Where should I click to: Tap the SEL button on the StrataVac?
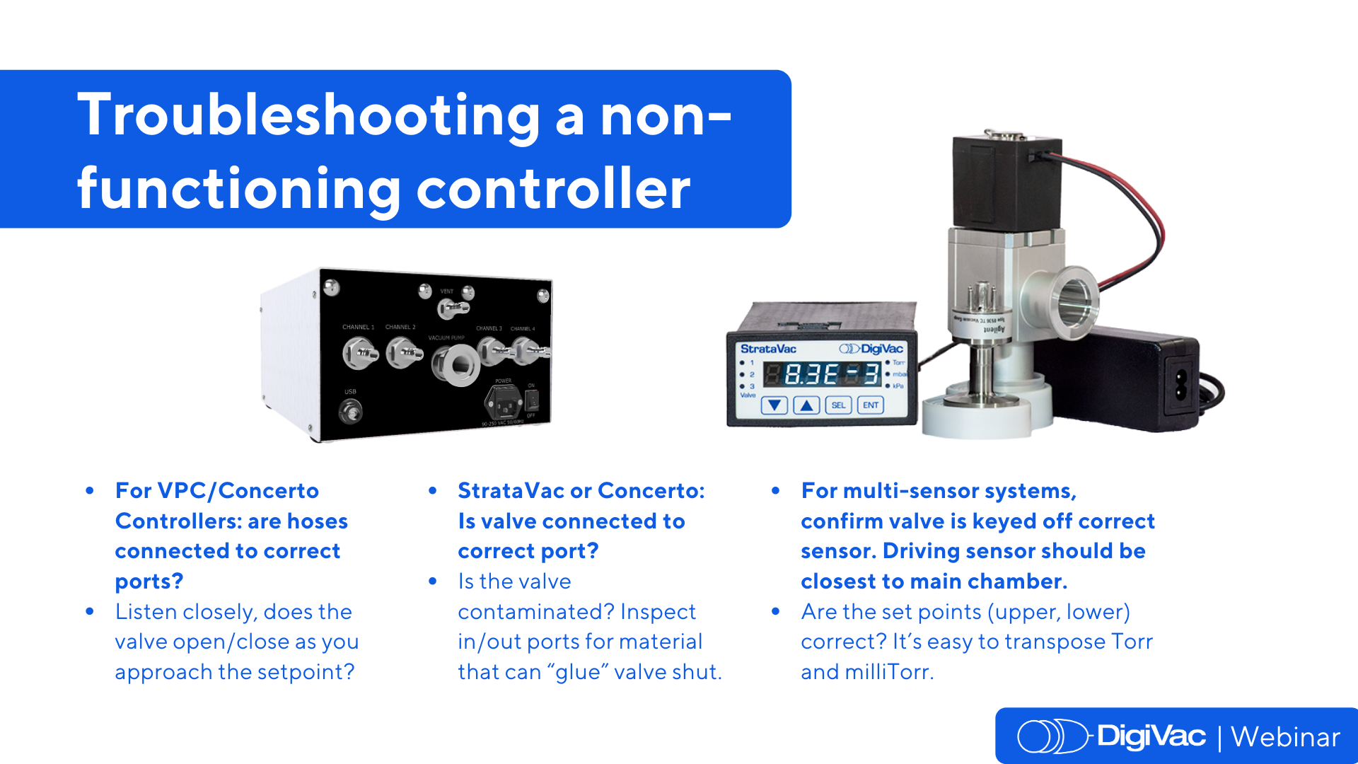coord(837,405)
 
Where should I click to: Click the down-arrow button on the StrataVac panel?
coord(775,405)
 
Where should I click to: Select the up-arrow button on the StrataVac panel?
coord(806,405)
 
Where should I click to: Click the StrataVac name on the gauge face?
coord(768,349)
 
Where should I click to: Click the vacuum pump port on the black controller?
coord(457,365)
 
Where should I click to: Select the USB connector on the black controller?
coord(350,410)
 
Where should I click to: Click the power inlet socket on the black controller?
coord(504,405)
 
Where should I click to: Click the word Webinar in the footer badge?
coord(1285,737)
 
